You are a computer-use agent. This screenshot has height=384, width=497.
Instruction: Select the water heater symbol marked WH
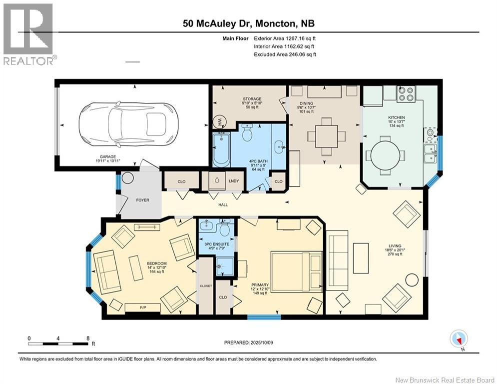coord(219,121)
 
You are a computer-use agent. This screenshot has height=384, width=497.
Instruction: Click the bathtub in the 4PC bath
coord(220,149)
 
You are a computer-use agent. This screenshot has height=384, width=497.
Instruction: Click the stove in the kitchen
coord(406,93)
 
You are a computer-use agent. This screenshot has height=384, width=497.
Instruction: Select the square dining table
coord(326,135)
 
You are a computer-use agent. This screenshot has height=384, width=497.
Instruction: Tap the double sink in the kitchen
coord(429,153)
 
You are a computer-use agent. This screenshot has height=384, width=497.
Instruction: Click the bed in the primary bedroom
coord(297,270)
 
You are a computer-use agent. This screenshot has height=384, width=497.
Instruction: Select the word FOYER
coord(143,200)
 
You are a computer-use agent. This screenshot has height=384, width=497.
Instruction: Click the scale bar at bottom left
coord(60,343)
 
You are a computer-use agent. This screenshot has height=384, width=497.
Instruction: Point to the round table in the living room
coord(412,280)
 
